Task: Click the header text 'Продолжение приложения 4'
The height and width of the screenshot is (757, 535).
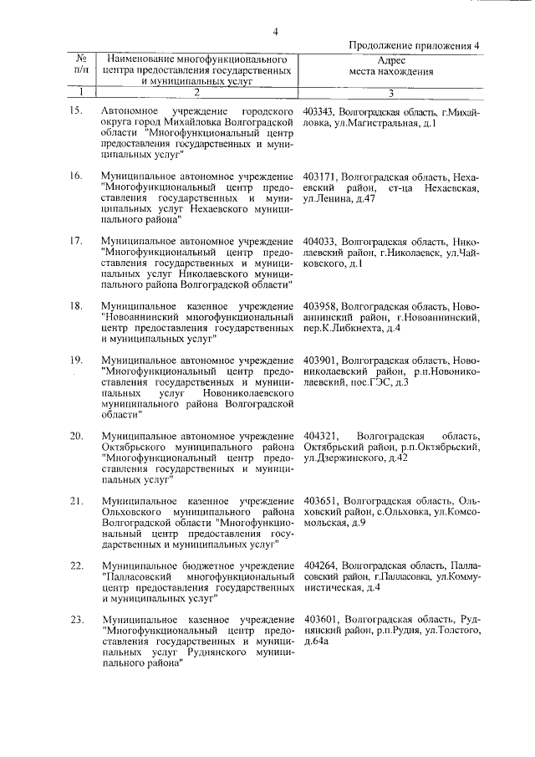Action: pyautogui.click(x=415, y=47)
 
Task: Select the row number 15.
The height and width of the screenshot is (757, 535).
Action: pyautogui.click(x=74, y=111)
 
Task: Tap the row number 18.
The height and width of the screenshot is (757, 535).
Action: pyautogui.click(x=74, y=306)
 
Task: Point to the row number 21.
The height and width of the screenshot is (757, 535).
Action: pyautogui.click(x=74, y=501)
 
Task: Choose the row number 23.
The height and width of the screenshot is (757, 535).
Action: pyautogui.click(x=74, y=620)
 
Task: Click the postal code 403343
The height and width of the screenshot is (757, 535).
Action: pyautogui.click(x=320, y=111)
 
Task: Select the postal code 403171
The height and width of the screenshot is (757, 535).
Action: pyautogui.click(x=320, y=177)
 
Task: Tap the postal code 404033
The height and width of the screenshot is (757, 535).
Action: pyautogui.click(x=320, y=242)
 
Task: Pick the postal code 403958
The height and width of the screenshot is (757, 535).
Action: pyautogui.click(x=320, y=306)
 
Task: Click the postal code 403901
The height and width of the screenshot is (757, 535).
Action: pyautogui.click(x=320, y=361)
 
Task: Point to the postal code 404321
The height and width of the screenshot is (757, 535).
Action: pyautogui.click(x=320, y=437)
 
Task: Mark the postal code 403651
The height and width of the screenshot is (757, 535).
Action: pyautogui.click(x=320, y=501)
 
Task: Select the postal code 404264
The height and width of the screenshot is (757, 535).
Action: pyautogui.click(x=320, y=566)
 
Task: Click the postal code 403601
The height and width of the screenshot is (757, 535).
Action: pyautogui.click(x=320, y=620)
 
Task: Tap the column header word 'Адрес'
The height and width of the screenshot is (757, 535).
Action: pyautogui.click(x=391, y=60)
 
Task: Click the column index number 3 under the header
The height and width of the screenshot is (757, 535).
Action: pyautogui.click(x=391, y=94)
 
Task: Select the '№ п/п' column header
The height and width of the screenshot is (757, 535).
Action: pyautogui.click(x=81, y=66)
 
